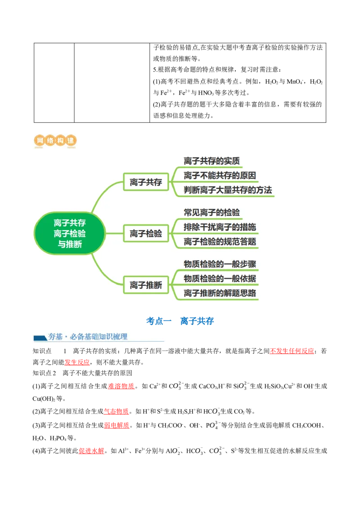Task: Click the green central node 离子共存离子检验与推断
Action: click(70, 233)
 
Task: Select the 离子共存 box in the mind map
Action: click(146, 182)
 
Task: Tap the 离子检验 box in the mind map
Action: click(146, 233)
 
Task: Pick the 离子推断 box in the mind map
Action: click(146, 285)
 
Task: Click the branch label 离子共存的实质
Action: click(211, 161)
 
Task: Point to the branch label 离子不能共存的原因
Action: click(220, 176)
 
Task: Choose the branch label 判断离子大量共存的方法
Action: click(228, 190)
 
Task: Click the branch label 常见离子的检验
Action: click(211, 213)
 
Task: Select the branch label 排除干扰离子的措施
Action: click(220, 227)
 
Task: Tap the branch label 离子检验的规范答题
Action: click(220, 241)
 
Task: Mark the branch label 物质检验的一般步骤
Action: click(220, 264)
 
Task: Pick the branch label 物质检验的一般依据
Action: click(220, 278)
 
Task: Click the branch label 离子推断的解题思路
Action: click(220, 293)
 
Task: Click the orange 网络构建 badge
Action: click(55, 141)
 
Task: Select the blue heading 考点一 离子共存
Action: click(180, 321)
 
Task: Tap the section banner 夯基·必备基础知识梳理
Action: click(88, 337)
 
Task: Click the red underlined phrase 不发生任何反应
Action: click(292, 351)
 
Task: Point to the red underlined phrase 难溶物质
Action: click(121, 386)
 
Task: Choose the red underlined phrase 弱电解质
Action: click(116, 425)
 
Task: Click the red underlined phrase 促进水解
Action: click(91, 451)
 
